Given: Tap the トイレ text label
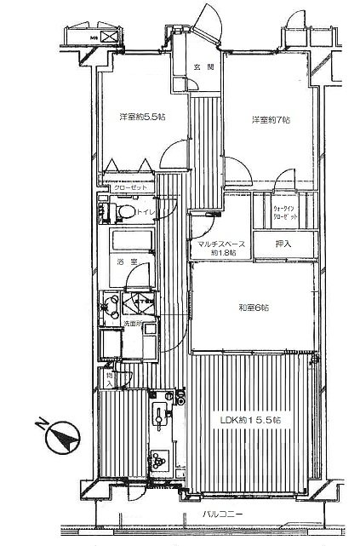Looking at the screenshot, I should [x=145, y=212].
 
